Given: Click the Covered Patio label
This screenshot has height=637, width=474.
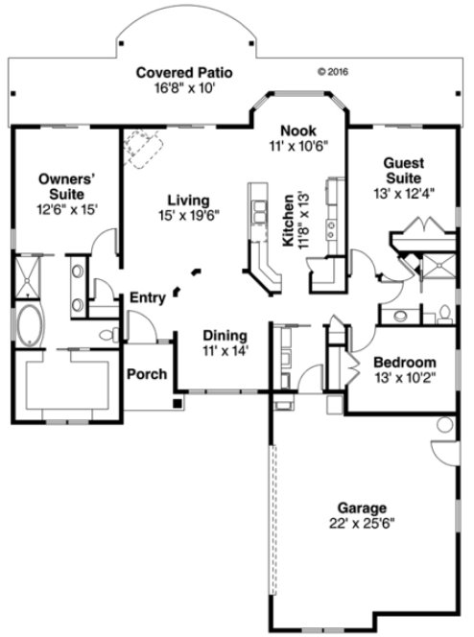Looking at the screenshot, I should (x=184, y=73).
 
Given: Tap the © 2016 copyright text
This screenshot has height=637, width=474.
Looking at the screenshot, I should (x=331, y=71).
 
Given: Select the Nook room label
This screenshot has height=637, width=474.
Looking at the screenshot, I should (x=293, y=131).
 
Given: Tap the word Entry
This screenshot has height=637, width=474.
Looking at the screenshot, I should (x=147, y=297).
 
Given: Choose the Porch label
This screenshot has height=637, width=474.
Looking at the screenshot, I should (x=147, y=373).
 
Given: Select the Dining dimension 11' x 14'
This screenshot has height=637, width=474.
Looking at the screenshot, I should (x=225, y=351).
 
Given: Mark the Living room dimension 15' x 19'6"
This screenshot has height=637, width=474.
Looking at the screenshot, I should (x=189, y=215).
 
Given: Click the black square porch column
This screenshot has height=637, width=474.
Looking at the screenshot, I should (x=175, y=403).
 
